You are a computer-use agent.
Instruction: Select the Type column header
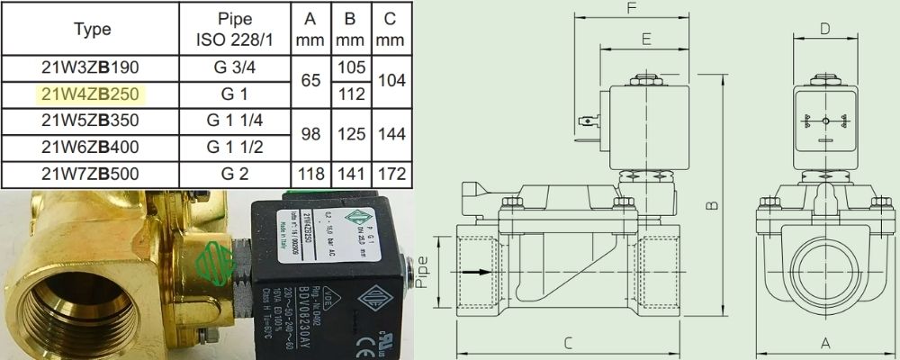coord(93,30)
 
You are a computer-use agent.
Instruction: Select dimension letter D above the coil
coord(824,30)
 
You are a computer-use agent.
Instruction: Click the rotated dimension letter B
coord(712,206)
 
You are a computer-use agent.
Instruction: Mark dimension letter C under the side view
coord(569,342)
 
